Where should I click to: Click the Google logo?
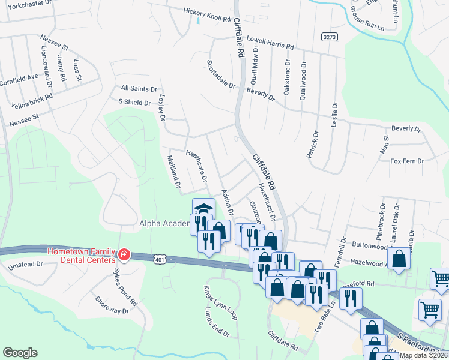(20, 353)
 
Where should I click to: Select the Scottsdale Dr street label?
(221, 74)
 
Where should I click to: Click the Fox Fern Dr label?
(407, 161)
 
